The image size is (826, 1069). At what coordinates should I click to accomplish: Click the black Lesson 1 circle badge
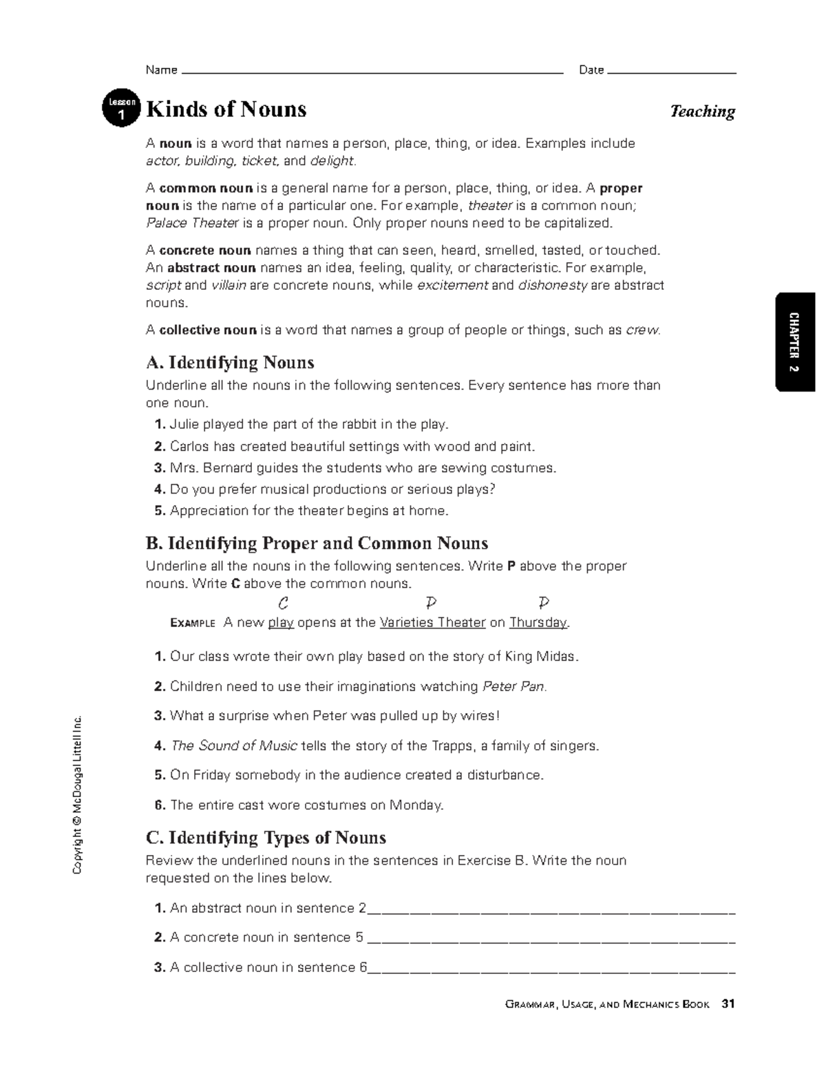coord(121,109)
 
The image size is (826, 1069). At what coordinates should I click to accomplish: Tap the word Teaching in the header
coord(702,112)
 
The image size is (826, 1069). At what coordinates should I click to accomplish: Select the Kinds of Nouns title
coord(226,109)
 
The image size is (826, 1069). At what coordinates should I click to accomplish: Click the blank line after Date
coord(672,70)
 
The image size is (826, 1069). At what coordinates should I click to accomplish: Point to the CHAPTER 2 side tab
coord(794,342)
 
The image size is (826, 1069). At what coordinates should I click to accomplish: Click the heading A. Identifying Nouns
coord(230,363)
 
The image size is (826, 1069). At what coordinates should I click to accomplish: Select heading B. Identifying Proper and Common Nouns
coord(317,544)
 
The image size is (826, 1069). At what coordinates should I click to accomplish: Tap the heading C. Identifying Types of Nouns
coord(266,838)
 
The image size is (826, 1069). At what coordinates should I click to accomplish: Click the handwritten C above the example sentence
coord(282,604)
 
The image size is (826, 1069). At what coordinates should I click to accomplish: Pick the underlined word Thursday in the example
coord(538,623)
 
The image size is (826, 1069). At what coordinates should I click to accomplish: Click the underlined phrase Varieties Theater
coord(432,623)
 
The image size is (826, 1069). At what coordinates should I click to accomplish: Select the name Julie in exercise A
coord(184,425)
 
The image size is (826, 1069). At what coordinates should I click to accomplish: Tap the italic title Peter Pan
coord(514,687)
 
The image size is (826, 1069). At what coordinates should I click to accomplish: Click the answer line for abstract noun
coord(551,910)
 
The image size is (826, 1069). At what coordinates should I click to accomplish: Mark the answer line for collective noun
coord(551,969)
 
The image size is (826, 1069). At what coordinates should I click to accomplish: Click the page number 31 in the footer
coord(728,1004)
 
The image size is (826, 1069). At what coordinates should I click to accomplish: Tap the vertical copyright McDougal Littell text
coord(78,795)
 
